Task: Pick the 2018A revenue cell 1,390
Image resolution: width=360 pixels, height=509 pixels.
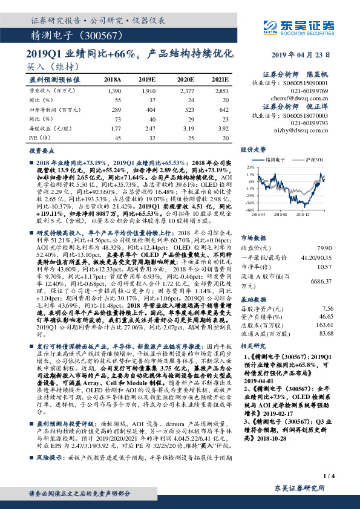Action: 114,90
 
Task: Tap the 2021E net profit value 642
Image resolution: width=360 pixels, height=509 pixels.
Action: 224,109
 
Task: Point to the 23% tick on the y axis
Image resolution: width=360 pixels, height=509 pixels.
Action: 250,166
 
